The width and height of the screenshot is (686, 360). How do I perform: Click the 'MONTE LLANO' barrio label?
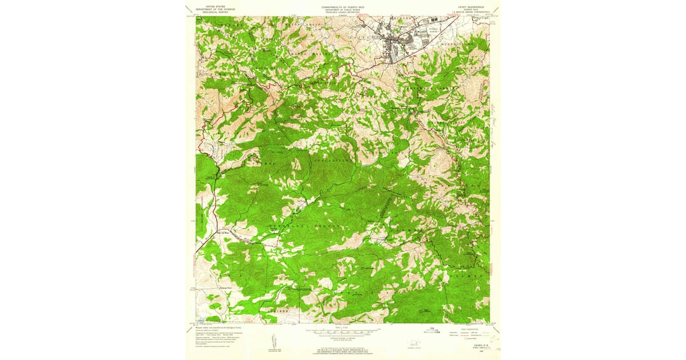[457, 43]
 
